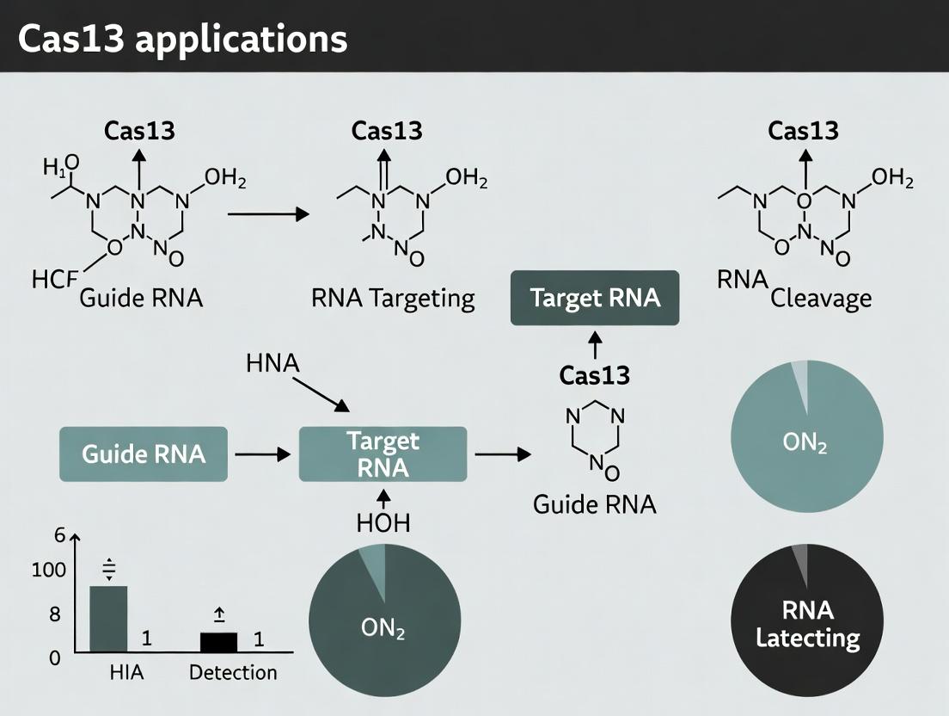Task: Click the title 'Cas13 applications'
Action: click(182, 39)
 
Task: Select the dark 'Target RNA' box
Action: click(595, 298)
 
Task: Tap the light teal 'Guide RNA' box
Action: click(144, 454)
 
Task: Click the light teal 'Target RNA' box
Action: click(383, 454)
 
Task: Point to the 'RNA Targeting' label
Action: click(393, 299)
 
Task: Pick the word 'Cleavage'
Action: click(821, 299)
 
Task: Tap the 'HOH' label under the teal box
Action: click(383, 522)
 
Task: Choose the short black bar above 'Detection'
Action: click(218, 641)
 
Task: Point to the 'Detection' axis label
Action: click(233, 672)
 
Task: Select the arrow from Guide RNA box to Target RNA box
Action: click(262, 454)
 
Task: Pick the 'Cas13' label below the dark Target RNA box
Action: click(595, 375)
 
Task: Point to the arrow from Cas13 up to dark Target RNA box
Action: click(595, 345)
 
